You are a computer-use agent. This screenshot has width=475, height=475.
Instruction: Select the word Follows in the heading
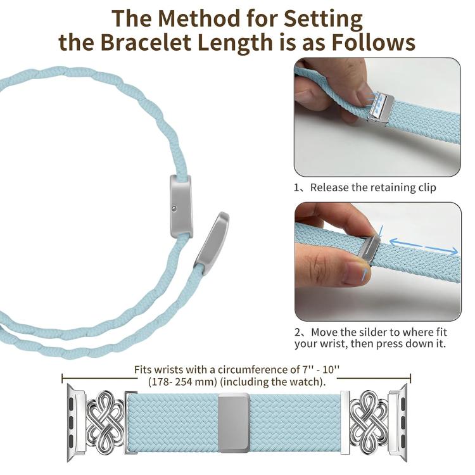[x=373, y=42]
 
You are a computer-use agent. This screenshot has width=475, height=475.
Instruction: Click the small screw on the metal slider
[x=174, y=208]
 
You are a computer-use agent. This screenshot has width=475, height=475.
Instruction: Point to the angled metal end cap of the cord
[x=212, y=243]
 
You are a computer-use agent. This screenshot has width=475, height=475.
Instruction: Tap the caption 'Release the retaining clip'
[x=373, y=187]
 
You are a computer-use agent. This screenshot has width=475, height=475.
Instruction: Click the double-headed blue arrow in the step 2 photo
[x=423, y=246]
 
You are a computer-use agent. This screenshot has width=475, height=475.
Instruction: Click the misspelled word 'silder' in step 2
[x=374, y=332]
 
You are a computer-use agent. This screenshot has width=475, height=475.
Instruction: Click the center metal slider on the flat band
[x=234, y=422]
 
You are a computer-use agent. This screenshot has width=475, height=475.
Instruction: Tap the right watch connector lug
[x=398, y=422]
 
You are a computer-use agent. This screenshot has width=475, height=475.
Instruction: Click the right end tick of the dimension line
[x=410, y=378]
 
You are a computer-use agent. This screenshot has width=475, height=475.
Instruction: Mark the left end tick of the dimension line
[x=62, y=378]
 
